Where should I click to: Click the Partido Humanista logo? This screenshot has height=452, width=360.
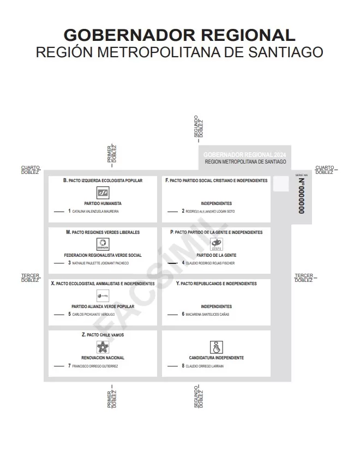coord(103,192)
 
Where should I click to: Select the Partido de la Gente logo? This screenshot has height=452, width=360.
coord(217,244)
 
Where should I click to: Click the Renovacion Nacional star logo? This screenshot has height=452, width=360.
coord(103,347)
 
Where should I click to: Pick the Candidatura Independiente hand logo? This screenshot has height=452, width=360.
coord(217,347)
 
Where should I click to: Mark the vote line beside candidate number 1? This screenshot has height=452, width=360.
coord(59,211)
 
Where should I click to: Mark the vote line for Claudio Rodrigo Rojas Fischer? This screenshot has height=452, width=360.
coord(173,263)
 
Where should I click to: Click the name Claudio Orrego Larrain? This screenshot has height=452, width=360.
coord(206,366)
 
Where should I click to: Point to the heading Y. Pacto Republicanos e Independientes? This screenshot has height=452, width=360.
coord(216,284)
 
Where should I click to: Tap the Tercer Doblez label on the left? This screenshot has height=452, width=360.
coord(30,278)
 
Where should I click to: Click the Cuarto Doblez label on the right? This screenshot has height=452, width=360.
coord(325,170)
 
